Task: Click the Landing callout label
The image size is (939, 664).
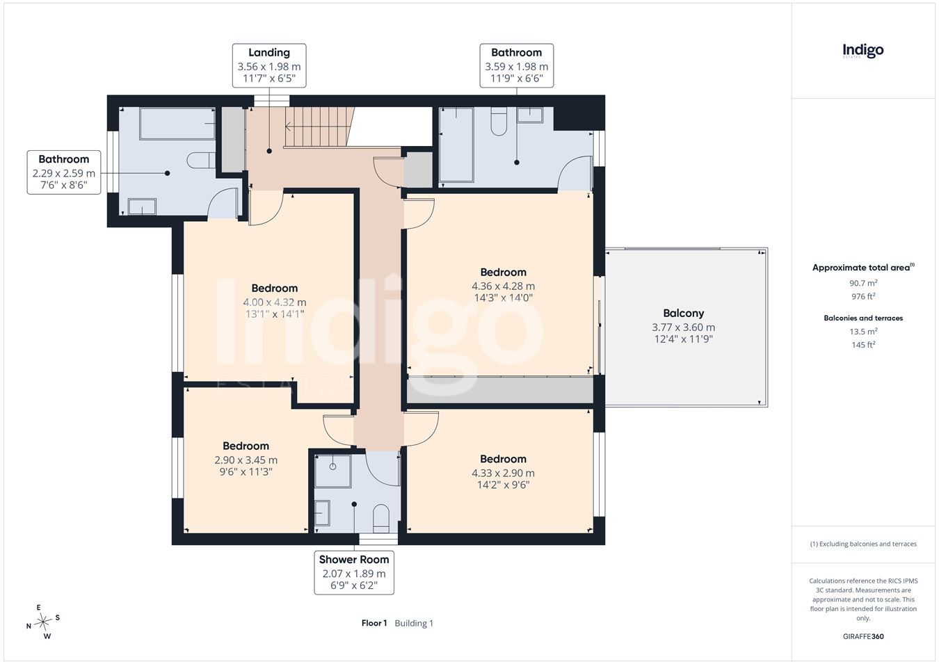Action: click(x=269, y=65)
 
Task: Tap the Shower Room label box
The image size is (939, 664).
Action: click(x=354, y=572)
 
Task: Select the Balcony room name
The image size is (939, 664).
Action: click(x=683, y=313)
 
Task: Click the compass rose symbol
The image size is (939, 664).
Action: click(x=42, y=622)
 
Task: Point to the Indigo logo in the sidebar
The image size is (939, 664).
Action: click(x=863, y=51)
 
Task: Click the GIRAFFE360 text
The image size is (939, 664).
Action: click(x=863, y=636)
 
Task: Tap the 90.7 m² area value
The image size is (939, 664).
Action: click(x=863, y=283)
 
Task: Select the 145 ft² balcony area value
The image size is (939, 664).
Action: click(x=863, y=344)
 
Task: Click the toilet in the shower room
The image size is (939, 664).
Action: click(x=380, y=518)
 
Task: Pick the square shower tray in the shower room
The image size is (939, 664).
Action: click(x=333, y=471)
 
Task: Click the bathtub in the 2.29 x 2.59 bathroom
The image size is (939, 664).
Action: click(x=177, y=124)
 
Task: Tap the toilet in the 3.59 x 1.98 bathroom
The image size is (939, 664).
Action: click(x=499, y=122)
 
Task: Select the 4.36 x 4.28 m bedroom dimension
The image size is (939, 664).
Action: click(x=503, y=286)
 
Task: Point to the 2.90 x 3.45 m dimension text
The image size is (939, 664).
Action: click(x=246, y=460)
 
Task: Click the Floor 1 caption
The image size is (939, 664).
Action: click(x=374, y=623)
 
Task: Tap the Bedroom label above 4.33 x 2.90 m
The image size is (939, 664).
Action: click(x=503, y=459)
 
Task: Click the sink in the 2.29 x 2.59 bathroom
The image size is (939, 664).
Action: click(x=142, y=207)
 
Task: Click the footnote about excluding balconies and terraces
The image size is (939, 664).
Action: click(x=863, y=544)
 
